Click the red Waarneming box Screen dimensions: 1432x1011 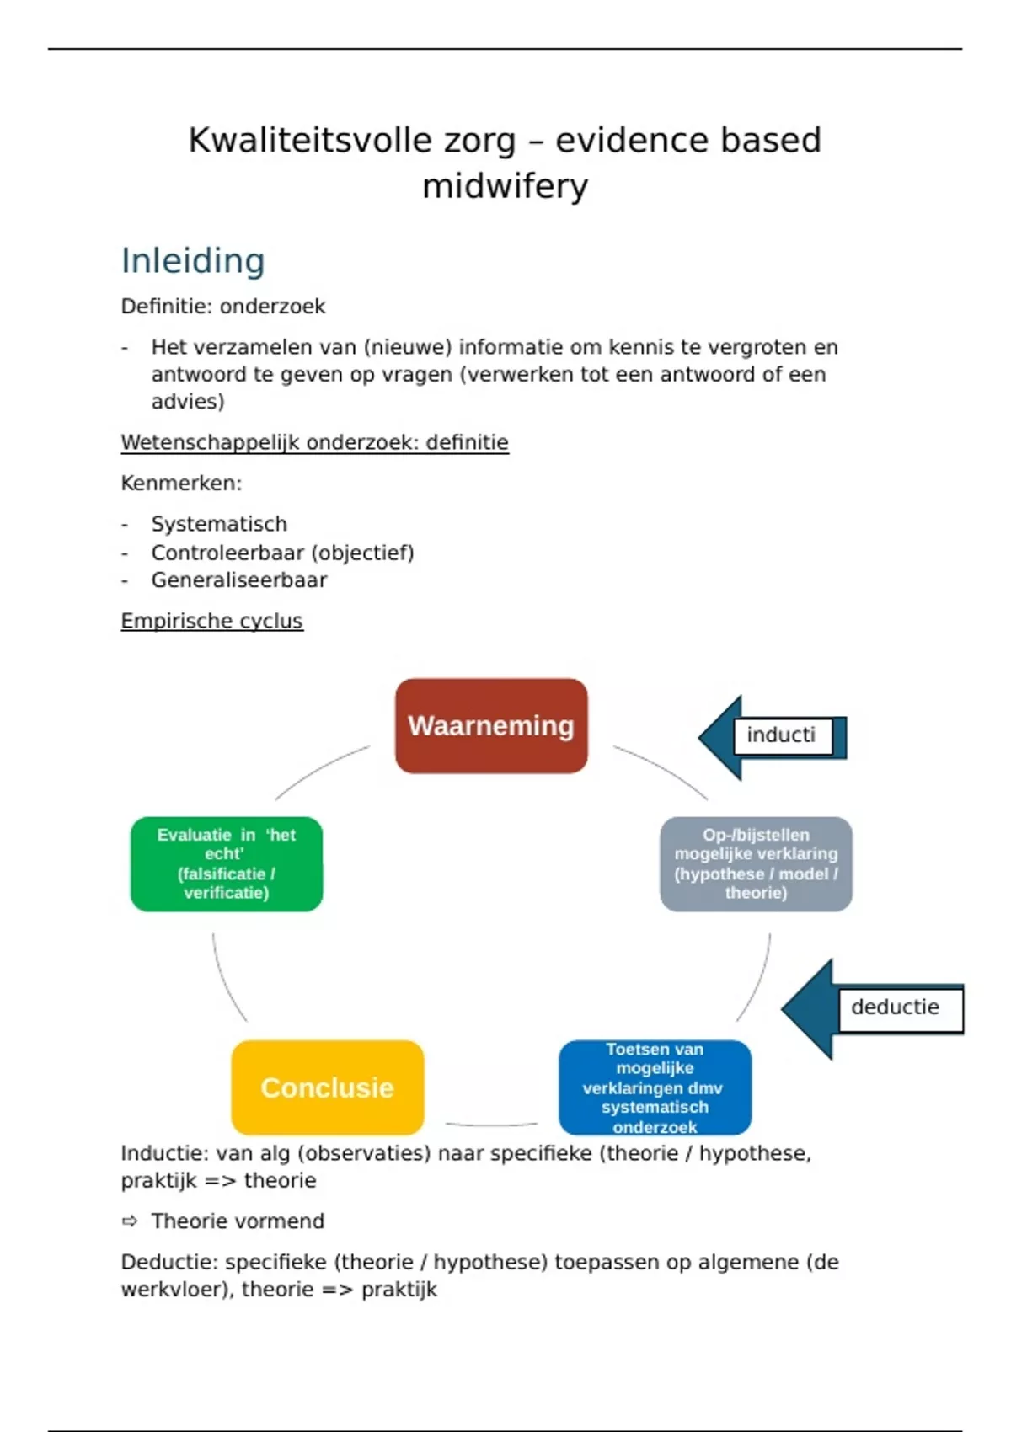tap(491, 726)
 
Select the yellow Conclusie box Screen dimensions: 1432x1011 tap(327, 1087)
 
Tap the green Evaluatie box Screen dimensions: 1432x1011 tap(227, 863)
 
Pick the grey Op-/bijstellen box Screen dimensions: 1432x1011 tap(756, 863)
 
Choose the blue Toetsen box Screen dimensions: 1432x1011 tap(655, 1087)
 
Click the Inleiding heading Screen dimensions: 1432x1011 tap(193, 261)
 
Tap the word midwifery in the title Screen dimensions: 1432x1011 tap(505, 186)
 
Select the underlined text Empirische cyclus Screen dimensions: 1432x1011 tap(211, 621)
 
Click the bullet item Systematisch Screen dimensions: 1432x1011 tap(219, 524)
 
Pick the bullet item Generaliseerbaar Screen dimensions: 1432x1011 tap(239, 580)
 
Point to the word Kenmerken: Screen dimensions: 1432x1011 tap(181, 484)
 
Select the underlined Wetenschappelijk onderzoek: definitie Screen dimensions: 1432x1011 tap(314, 442)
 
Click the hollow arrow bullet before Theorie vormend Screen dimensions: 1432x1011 tap(130, 1221)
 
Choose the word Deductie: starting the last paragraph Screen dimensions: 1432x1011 tap(169, 1262)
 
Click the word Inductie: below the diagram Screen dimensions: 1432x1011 tap(164, 1153)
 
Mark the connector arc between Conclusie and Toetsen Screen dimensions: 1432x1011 tap(491, 1125)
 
